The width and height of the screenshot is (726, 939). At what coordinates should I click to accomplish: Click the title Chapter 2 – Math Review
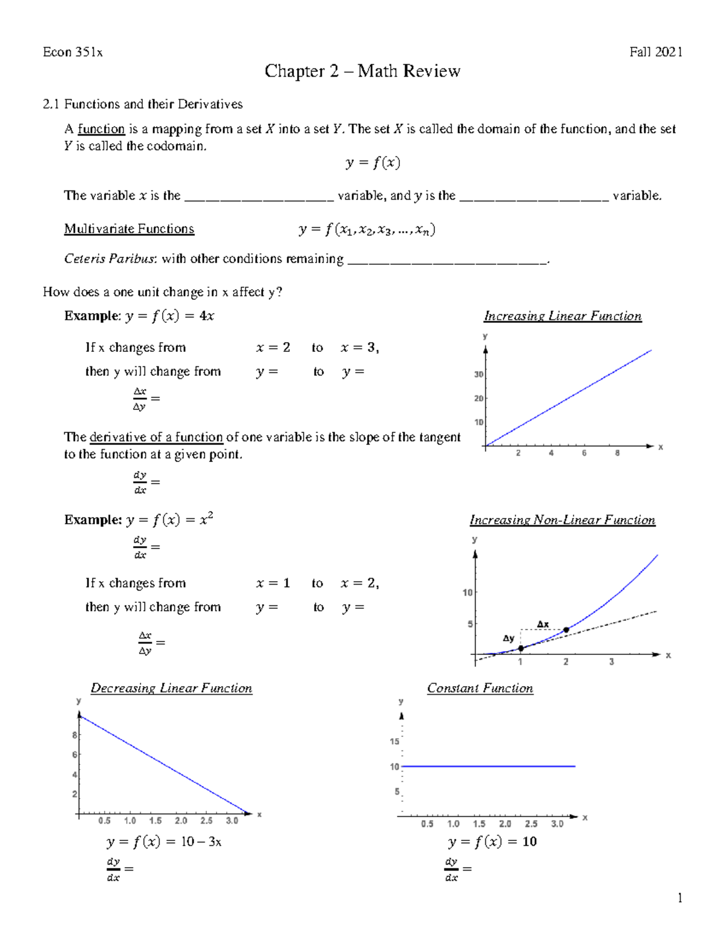362,71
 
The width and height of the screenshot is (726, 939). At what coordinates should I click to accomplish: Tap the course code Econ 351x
73,52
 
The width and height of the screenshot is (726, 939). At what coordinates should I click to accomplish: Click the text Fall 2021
656,52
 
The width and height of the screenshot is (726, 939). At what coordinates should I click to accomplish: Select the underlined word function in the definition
101,129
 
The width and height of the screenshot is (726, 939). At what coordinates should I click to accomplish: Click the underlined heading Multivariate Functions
129,229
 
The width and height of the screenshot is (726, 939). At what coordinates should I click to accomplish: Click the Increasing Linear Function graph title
563,316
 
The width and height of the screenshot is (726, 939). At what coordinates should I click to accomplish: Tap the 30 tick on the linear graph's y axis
479,374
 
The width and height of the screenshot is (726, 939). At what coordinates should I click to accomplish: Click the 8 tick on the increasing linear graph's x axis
617,453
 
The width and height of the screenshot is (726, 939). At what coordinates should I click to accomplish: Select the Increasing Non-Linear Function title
562,520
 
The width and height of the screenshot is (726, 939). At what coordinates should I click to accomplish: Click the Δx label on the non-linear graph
543,624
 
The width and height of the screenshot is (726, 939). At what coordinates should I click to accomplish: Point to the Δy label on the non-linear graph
508,638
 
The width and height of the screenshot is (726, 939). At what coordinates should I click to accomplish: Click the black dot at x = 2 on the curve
566,630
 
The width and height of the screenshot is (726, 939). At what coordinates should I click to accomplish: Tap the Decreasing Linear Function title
171,688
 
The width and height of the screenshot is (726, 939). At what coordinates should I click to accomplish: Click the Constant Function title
480,688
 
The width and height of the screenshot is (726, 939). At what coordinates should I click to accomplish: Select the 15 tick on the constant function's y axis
394,741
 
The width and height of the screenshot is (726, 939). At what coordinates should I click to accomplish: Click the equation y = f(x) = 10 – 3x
163,842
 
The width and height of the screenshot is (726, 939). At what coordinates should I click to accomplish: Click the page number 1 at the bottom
680,898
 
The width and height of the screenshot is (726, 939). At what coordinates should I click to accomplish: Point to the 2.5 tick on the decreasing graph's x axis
206,820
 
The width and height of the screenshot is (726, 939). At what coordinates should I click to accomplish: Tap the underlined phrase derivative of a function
156,437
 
